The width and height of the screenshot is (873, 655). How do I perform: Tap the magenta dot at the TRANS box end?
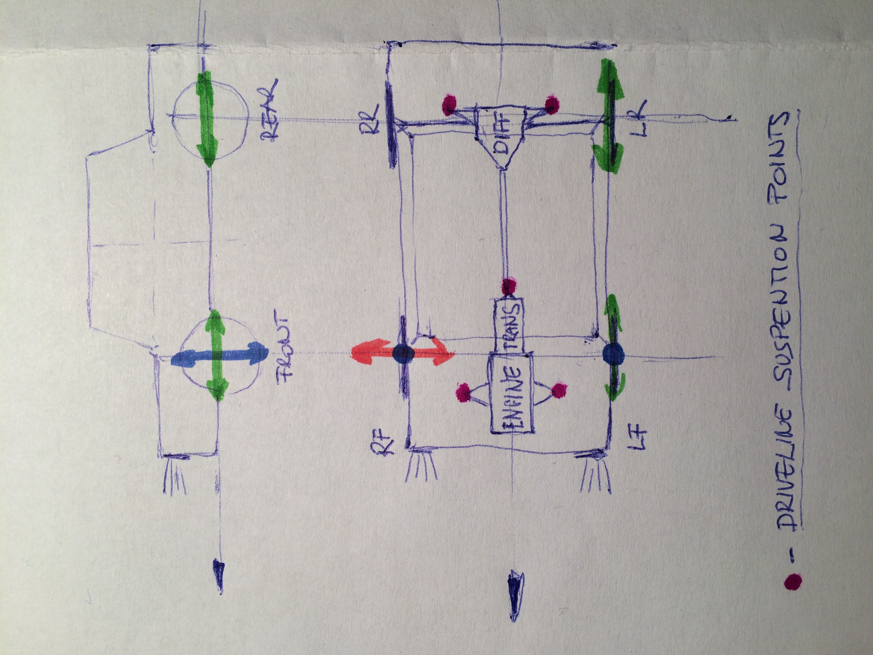[x=509, y=287]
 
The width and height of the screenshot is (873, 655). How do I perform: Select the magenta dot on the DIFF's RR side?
[x=449, y=105]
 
